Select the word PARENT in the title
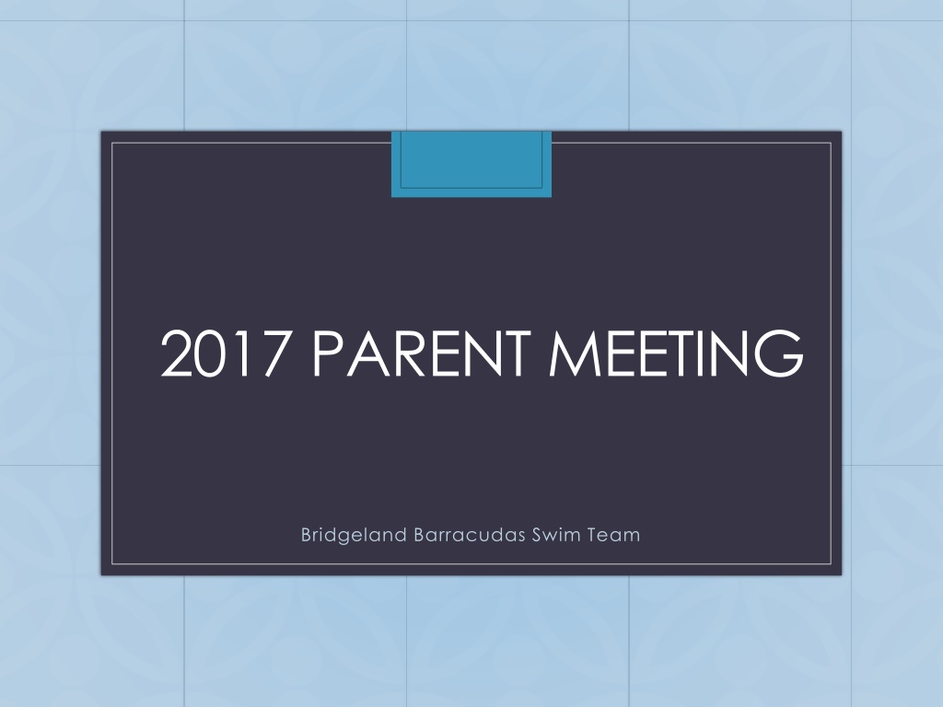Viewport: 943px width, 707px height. tap(422, 353)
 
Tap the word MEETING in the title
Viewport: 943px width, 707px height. tap(677, 353)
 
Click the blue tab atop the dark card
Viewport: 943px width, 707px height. tap(471, 164)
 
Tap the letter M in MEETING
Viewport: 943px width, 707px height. tap(575, 353)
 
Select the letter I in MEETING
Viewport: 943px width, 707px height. tap(701, 353)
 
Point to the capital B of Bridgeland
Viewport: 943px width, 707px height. tap(306, 535)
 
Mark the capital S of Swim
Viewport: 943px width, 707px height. tap(538, 535)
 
